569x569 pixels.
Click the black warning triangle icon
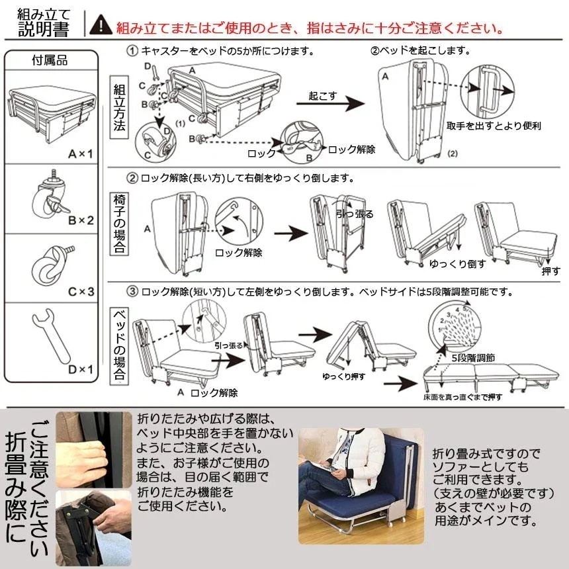click(x=101, y=26)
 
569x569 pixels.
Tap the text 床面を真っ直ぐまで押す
click(x=462, y=397)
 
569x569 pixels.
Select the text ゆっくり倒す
click(x=458, y=263)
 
